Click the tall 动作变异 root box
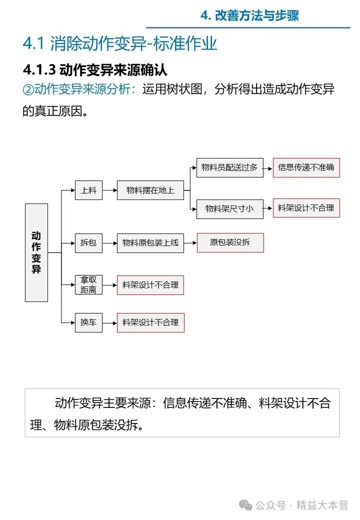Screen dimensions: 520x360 click(x=36, y=252)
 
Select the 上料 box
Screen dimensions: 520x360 click(x=88, y=190)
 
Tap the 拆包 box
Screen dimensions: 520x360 click(x=88, y=243)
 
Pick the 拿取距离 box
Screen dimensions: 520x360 click(x=88, y=285)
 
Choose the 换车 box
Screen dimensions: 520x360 click(x=88, y=322)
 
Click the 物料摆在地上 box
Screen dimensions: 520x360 click(x=150, y=190)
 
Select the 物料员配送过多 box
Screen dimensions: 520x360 click(x=229, y=167)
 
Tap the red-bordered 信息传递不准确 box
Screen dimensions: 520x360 click(x=306, y=167)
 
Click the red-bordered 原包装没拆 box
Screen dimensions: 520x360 click(x=230, y=242)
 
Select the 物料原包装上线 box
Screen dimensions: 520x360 click(x=150, y=243)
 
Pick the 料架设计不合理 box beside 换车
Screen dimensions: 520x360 click(x=150, y=322)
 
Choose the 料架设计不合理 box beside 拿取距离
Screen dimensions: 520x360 click(x=150, y=285)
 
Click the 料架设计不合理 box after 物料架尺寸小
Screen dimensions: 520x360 click(x=306, y=207)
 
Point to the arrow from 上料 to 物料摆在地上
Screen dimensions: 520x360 click(x=109, y=190)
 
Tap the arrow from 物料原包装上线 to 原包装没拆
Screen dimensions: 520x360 click(x=190, y=243)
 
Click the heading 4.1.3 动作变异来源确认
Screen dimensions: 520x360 click(x=95, y=69)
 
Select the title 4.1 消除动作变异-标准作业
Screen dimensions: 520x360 click(x=120, y=43)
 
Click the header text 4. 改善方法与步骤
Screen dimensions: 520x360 click(x=249, y=15)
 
